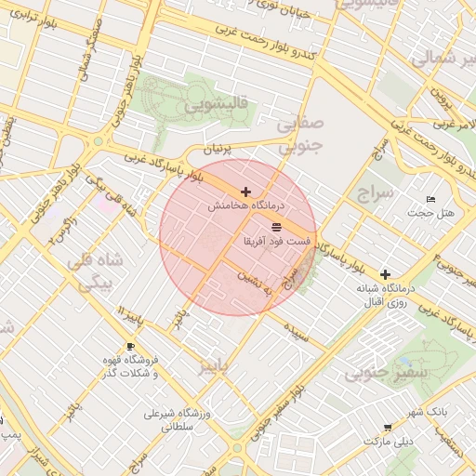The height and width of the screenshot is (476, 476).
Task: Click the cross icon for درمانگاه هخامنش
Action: coord(245,192)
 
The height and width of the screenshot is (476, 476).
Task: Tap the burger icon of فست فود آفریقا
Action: coord(276,227)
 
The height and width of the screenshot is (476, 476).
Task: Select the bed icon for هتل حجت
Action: coord(430,200)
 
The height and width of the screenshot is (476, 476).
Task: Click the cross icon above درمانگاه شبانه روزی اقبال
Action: coord(385,274)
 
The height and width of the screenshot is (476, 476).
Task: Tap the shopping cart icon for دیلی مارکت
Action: coord(387,428)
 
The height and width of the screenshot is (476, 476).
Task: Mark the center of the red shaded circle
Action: coord(238,237)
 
